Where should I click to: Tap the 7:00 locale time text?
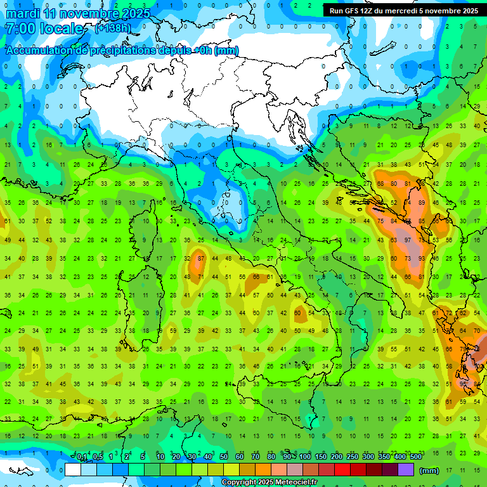tap(44, 29)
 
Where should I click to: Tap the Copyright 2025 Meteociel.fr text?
tap(269, 483)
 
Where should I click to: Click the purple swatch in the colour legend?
tap(406, 470)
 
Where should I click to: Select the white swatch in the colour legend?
tap(73, 470)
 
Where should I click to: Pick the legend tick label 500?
tap(415, 457)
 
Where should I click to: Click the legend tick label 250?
tap(352, 457)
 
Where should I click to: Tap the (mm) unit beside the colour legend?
tap(429, 471)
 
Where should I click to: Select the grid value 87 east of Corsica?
tap(201, 258)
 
